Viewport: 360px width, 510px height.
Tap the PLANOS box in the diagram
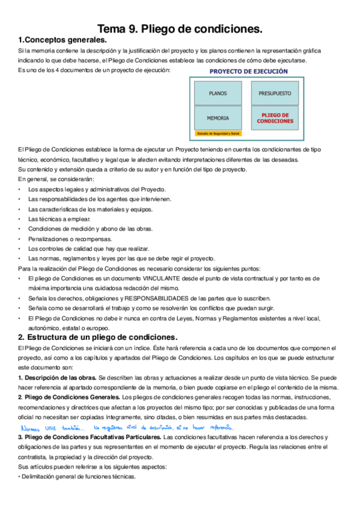(218, 94)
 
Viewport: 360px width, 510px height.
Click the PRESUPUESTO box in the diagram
(275, 94)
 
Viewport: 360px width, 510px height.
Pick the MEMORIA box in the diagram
(218, 118)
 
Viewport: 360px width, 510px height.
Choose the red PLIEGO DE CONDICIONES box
(275, 118)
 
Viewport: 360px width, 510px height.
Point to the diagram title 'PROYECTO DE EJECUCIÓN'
(248, 71)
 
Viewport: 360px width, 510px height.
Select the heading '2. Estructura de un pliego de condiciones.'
(97, 337)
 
